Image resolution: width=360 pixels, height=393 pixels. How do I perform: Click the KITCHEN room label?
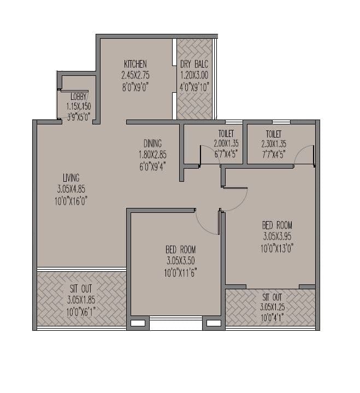[x=135, y=64]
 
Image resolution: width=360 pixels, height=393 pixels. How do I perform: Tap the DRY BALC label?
[x=194, y=64]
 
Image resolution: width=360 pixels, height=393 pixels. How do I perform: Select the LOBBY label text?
[x=78, y=97]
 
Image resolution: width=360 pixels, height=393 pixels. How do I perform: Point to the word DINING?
[x=152, y=144]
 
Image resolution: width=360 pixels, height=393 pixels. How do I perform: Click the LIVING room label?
[x=71, y=177]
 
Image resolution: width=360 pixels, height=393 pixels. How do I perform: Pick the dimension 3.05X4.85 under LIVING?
[x=72, y=189]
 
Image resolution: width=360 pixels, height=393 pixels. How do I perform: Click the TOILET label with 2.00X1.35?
[x=225, y=134]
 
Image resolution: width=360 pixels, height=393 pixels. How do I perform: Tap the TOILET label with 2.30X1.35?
[x=274, y=134]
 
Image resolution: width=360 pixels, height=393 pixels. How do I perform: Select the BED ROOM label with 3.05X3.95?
[x=277, y=225]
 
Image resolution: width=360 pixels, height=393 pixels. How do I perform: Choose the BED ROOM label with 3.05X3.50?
[x=181, y=249]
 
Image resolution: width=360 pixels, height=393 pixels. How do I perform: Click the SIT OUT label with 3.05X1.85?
[x=80, y=289]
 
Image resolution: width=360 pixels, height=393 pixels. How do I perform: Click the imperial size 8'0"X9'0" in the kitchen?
[x=135, y=86]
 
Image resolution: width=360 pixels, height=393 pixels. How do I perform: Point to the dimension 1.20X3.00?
[x=194, y=75]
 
